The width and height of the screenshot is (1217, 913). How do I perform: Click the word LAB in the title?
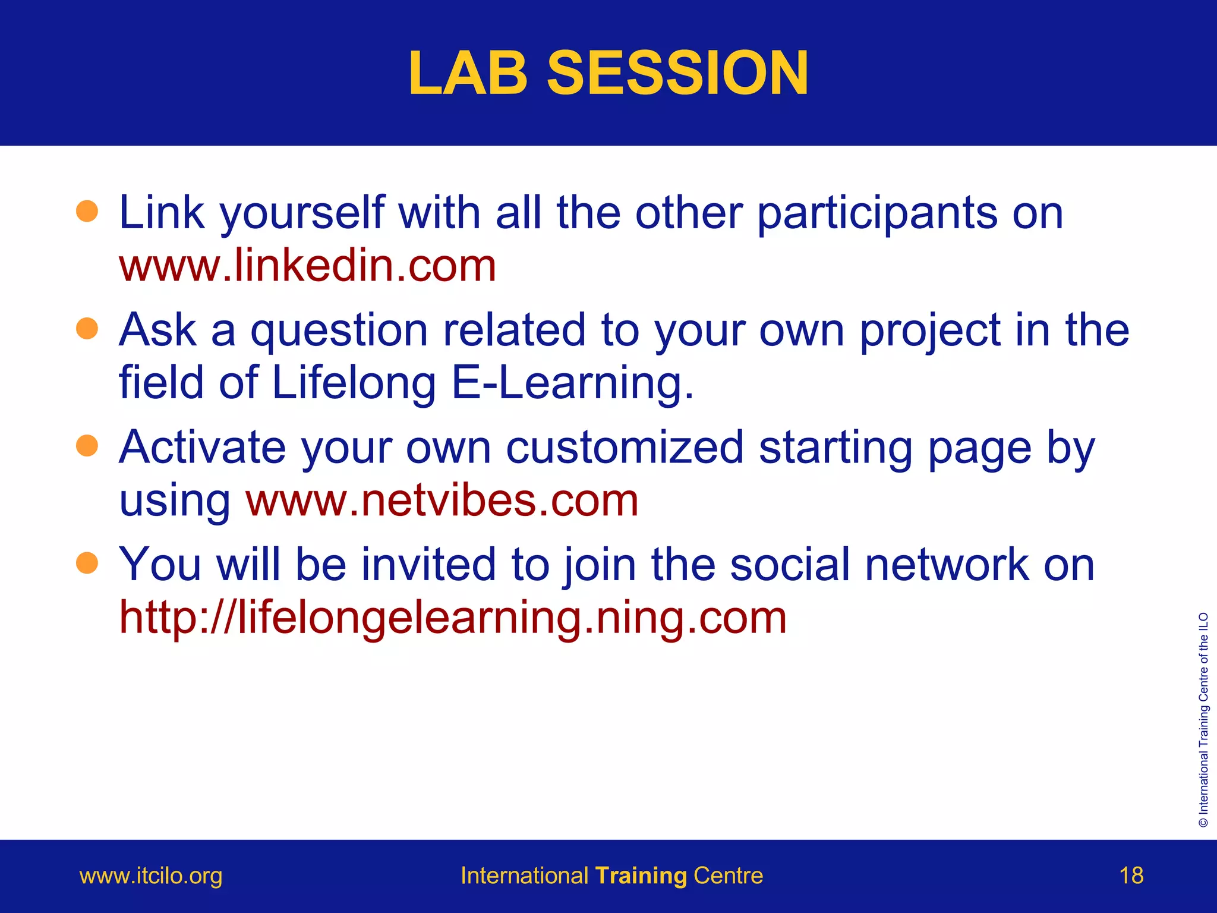click(468, 73)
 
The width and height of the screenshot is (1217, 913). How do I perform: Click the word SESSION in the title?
click(677, 73)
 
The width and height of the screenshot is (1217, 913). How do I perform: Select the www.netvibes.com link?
click(442, 500)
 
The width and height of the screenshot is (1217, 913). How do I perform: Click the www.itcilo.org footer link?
click(151, 876)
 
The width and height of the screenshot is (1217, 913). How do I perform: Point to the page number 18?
click(1131, 876)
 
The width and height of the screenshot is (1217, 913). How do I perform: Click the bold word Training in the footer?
click(641, 876)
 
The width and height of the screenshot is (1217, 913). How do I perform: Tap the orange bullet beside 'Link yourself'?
click(87, 211)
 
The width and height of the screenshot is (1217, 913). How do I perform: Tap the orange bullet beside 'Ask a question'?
click(87, 328)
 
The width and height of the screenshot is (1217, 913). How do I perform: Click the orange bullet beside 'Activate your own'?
click(87, 445)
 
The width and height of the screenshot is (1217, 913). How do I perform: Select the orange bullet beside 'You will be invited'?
click(87, 563)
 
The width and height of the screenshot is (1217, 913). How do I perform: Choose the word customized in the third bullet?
click(624, 447)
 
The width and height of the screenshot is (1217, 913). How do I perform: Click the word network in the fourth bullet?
click(947, 564)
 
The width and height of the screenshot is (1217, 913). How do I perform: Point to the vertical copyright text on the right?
click(1203, 719)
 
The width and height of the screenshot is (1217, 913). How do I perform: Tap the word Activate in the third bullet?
click(203, 447)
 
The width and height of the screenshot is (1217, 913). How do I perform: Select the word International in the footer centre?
click(524, 876)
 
